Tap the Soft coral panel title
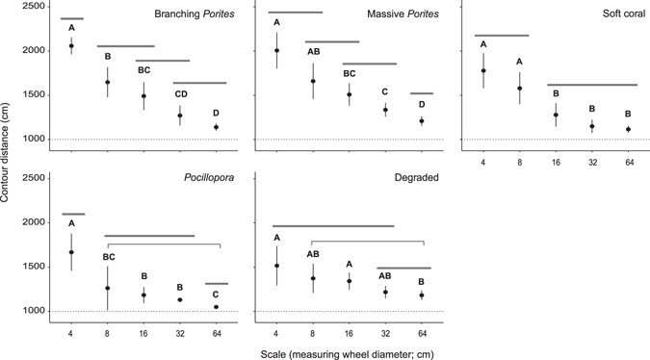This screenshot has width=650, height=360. pyautogui.click(x=616, y=15)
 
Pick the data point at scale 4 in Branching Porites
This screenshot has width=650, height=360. pyautogui.click(x=71, y=45)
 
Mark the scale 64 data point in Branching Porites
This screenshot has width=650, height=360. pyautogui.click(x=216, y=127)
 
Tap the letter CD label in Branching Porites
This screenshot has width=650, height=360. pyautogui.click(x=179, y=94)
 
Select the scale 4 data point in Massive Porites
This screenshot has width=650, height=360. pyautogui.click(x=277, y=50)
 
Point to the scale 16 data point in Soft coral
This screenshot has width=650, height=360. pyautogui.click(x=556, y=115)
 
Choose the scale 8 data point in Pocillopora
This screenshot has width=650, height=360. pyautogui.click(x=107, y=288)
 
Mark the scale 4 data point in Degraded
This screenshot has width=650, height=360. pyautogui.click(x=277, y=266)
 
